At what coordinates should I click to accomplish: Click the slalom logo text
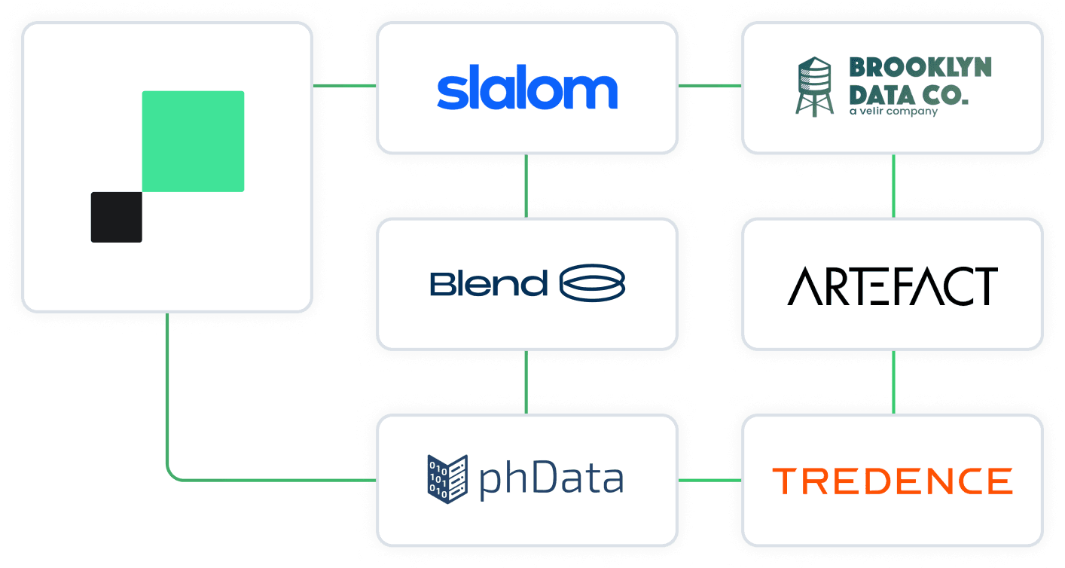pos(526,90)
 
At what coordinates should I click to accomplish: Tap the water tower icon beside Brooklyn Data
pos(814,87)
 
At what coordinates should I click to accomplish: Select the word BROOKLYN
pos(920,68)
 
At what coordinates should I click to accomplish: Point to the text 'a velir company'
pos(893,111)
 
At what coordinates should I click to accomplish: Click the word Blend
pos(488,284)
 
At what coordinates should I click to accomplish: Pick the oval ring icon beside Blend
pos(593,283)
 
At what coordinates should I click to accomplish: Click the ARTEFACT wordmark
pos(893,286)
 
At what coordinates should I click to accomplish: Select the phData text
pos(551,479)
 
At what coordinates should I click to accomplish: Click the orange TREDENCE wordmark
pos(893,481)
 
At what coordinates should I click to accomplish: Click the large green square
pos(193,141)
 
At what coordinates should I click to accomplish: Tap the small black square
pos(116,217)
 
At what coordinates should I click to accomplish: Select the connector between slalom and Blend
pos(526,186)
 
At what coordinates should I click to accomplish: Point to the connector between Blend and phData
pos(526,382)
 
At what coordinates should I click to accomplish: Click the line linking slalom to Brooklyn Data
pos(709,86)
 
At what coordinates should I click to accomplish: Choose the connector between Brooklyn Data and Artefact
pos(893,186)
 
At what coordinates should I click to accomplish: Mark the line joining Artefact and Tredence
pos(893,382)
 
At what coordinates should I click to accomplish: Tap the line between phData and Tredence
pos(709,479)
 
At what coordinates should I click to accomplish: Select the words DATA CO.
pos(909,96)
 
